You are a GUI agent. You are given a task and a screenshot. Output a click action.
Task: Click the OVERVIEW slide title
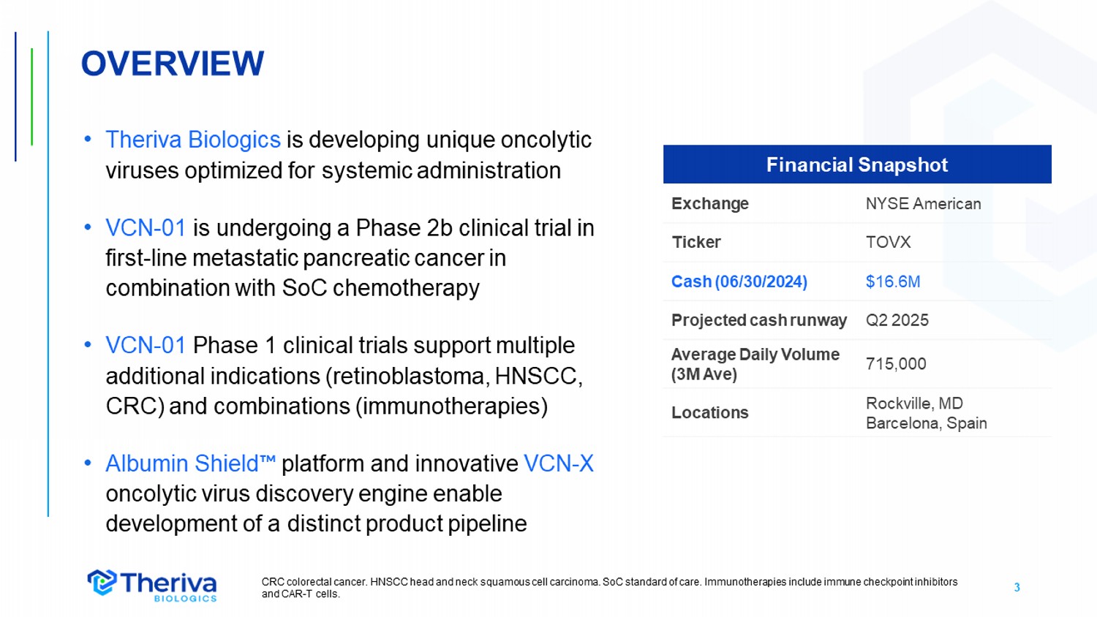coord(173,64)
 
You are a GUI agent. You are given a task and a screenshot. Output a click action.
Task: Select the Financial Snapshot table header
coord(857,164)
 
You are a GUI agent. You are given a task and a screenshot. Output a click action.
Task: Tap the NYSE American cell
coord(923,204)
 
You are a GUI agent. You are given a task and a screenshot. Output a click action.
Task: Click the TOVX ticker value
coord(889,242)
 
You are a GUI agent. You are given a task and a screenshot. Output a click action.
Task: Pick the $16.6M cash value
coord(893,281)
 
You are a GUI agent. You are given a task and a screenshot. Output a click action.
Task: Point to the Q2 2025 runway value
coord(897,320)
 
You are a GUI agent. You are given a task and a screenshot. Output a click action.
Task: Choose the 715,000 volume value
coord(896,364)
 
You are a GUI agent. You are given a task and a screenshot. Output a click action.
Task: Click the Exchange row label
coord(710,204)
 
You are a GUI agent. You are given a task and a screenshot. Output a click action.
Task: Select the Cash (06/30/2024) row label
coord(739,281)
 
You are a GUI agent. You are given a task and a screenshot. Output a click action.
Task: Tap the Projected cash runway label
coord(759,320)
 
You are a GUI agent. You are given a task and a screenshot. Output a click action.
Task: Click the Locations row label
coord(710,413)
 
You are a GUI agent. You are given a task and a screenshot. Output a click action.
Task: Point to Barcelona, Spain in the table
coord(926,423)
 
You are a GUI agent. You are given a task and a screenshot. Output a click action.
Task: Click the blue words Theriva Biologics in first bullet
coord(193,140)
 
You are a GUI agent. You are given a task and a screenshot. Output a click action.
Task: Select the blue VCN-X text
coord(559,463)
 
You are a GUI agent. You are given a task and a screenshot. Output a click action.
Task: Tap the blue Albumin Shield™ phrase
coord(190,463)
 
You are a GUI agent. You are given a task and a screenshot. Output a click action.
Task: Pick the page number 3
coord(1017,587)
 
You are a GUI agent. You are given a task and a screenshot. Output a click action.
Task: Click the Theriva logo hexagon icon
coord(102,582)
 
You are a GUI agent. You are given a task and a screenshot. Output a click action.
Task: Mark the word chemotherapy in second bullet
coord(406,288)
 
